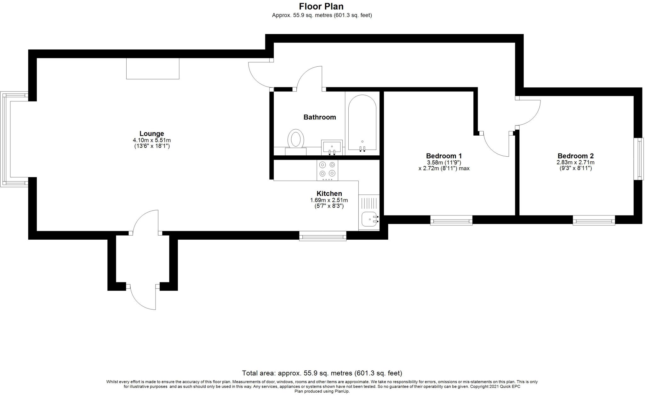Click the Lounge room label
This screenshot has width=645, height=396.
pyautogui.click(x=151, y=134)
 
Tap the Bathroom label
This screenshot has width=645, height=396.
pyautogui.click(x=320, y=117)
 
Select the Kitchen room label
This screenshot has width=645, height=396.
pyautogui.click(x=329, y=193)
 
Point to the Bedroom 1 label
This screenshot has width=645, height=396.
pyautogui.click(x=444, y=156)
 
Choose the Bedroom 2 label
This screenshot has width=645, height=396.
pyautogui.click(x=575, y=156)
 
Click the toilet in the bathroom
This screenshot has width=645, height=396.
pyautogui.click(x=296, y=142)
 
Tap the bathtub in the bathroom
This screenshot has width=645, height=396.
pyautogui.click(x=362, y=122)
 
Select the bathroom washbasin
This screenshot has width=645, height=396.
pyautogui.click(x=332, y=148)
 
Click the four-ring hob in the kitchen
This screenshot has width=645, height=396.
pyautogui.click(x=328, y=170)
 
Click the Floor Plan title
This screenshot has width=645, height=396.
pyautogui.click(x=321, y=6)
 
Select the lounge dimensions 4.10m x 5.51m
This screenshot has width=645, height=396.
pyautogui.click(x=152, y=140)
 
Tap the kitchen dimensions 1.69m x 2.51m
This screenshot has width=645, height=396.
pyautogui.click(x=329, y=200)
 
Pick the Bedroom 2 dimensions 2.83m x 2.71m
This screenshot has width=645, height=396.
pyautogui.click(x=575, y=163)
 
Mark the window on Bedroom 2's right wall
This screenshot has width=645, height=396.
pyautogui.click(x=639, y=159)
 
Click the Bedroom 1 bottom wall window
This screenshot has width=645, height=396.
pyautogui.click(x=451, y=220)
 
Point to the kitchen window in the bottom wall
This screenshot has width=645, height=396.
pyautogui.click(x=322, y=236)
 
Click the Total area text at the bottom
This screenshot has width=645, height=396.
pyautogui.click(x=322, y=373)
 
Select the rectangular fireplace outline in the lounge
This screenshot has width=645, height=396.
pyautogui.click(x=153, y=69)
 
